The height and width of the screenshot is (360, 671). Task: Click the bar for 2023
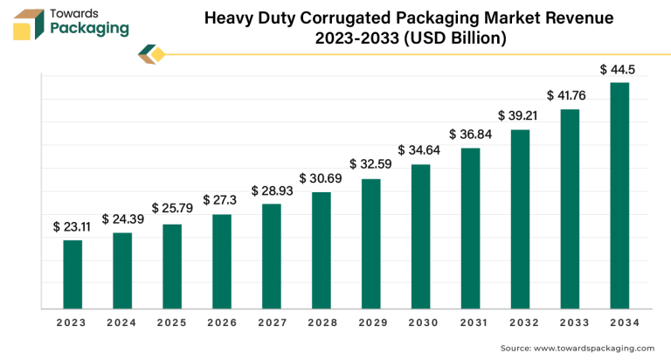tap(73, 273)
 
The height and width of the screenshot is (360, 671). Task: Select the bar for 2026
tap(221, 261)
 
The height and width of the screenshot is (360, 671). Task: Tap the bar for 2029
tap(370, 243)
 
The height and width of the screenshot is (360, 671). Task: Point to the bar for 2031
tap(470, 228)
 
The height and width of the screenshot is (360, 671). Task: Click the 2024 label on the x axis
tap(122, 322)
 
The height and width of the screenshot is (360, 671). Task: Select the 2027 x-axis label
tap(271, 322)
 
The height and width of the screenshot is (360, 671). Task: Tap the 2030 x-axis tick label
tap(420, 322)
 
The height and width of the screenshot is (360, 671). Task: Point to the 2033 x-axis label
tap(570, 322)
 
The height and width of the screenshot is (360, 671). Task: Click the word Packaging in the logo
tap(90, 29)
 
